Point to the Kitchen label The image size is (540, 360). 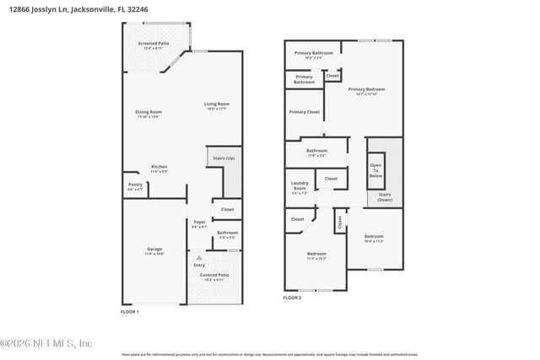(159, 169)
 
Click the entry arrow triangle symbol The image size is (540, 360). (199, 257)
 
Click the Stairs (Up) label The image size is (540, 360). (224, 158)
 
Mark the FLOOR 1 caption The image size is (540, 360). (130, 312)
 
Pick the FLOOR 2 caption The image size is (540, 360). (292, 298)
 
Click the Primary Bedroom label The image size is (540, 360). (367, 90)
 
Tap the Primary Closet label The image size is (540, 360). (304, 112)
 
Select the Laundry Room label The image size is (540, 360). (300, 185)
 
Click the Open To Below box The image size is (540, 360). (375, 171)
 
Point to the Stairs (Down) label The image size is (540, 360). (385, 198)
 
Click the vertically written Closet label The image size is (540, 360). (340, 223)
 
